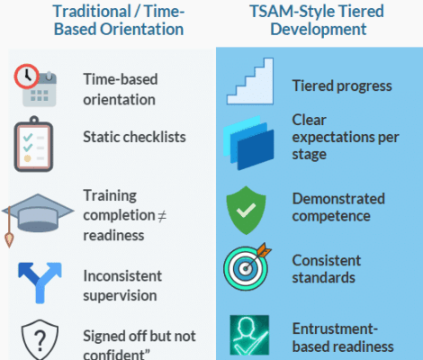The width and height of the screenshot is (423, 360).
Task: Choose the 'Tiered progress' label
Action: click(341, 86)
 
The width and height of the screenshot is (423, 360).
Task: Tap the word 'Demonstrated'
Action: click(338, 198)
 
